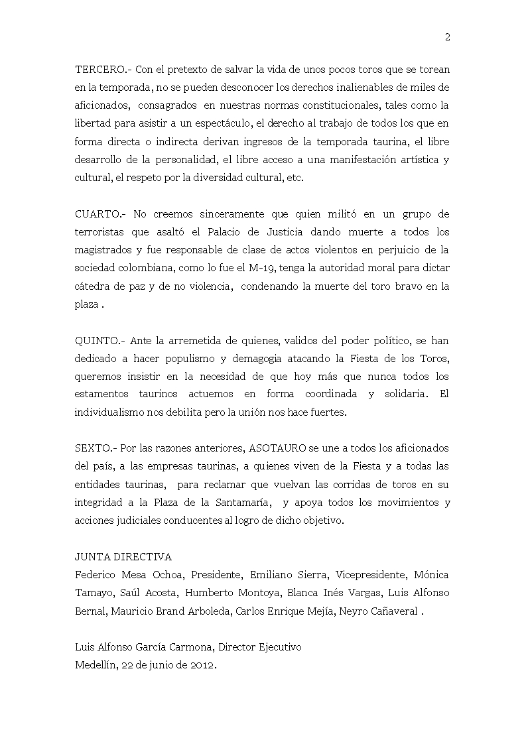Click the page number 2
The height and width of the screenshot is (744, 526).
448,38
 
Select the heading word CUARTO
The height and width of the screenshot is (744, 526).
96,214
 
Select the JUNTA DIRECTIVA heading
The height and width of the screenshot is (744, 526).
123,557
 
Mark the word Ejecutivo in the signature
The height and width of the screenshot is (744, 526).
278,647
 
